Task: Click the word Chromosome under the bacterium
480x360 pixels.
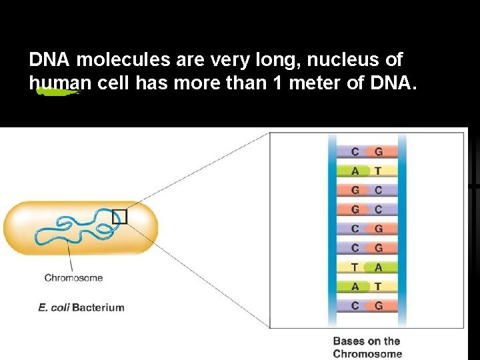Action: [x=73, y=278]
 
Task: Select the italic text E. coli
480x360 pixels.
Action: [x=53, y=307]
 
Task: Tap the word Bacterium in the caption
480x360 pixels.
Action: [x=98, y=307]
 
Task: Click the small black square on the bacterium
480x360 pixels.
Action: [x=119, y=217]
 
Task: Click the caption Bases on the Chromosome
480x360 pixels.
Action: [x=367, y=347]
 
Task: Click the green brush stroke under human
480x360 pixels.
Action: [x=57, y=93]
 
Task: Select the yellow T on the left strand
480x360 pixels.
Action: [x=355, y=267]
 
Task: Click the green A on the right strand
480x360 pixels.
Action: [x=379, y=267]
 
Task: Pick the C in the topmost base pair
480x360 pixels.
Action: [x=355, y=151]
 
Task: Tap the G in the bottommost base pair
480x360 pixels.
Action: [x=379, y=306]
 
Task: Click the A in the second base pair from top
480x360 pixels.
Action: [x=355, y=171]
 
